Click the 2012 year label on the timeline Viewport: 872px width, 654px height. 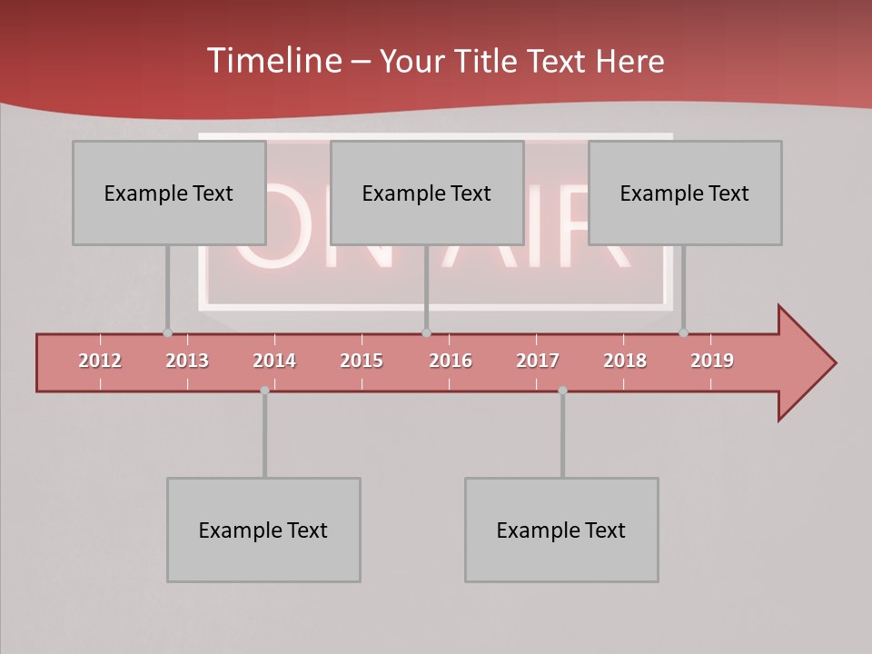tap(100, 361)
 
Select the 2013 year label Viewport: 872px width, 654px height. tap(187, 361)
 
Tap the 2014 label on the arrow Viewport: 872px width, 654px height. tap(274, 361)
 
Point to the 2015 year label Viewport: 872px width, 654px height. tap(362, 361)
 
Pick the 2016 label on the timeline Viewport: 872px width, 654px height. tap(451, 361)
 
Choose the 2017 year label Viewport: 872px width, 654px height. tap(538, 361)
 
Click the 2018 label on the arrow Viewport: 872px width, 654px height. tap(625, 361)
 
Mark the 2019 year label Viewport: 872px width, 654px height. tap(712, 361)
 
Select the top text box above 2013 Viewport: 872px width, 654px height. tap(169, 193)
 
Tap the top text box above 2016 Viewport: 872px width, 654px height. tap(427, 193)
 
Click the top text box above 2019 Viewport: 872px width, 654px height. tap(685, 193)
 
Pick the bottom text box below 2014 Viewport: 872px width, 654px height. tap(263, 530)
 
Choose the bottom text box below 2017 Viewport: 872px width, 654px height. tap(561, 530)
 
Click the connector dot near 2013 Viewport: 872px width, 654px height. tap(167, 332)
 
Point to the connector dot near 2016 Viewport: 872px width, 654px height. tap(426, 332)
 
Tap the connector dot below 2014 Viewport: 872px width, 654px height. tap(264, 391)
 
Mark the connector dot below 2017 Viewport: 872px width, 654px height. tap(562, 391)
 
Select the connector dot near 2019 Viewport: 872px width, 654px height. tap(683, 332)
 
